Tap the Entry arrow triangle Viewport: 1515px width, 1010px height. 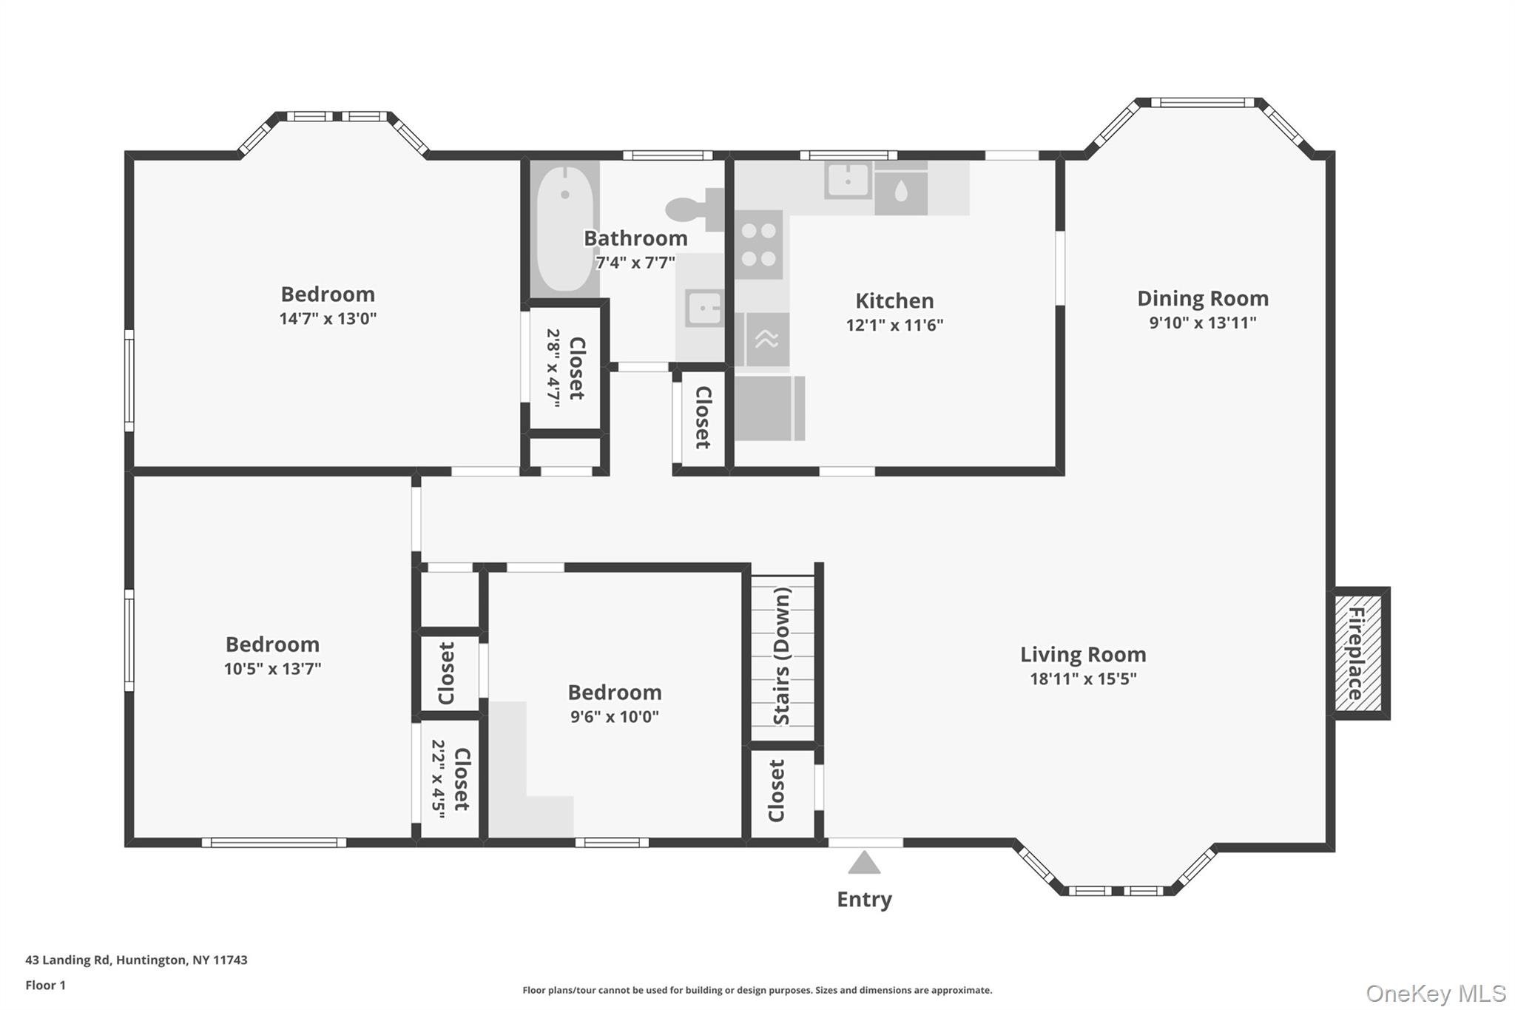tap(863, 863)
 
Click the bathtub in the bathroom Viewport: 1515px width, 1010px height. tap(564, 229)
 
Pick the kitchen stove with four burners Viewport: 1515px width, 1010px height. tap(759, 245)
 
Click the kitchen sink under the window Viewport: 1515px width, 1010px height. tap(848, 181)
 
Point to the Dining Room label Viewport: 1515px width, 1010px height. tap(1202, 298)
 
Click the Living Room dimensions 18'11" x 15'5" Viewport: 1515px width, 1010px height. tap(1083, 679)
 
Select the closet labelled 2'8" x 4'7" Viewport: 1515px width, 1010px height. tap(566, 368)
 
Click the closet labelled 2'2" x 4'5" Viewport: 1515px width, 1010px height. tap(450, 779)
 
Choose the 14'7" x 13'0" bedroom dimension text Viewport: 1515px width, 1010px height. tap(328, 319)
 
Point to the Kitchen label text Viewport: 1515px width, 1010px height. tap(894, 300)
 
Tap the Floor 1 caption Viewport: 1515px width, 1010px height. tap(45, 985)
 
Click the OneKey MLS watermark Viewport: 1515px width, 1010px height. tap(1435, 993)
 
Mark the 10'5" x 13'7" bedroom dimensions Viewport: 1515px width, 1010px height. tap(272, 668)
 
